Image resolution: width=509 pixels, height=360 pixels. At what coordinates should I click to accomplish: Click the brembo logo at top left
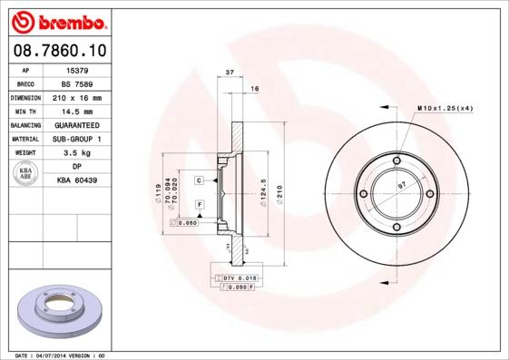[x=58, y=21]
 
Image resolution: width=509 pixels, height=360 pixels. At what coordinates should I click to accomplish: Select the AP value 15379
[x=77, y=69]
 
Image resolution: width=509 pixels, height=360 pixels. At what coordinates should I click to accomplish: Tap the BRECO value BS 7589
[x=77, y=83]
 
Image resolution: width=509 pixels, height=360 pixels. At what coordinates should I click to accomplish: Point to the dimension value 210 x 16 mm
[x=77, y=97]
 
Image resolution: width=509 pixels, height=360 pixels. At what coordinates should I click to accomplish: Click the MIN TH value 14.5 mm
[x=77, y=111]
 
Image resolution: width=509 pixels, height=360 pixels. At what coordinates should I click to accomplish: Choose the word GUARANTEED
[x=77, y=125]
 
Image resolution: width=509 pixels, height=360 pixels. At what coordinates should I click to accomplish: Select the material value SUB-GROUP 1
[x=77, y=139]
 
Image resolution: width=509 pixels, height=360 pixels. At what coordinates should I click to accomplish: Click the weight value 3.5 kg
[x=77, y=153]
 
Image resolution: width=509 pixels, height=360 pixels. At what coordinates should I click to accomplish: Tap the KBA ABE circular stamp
[x=26, y=173]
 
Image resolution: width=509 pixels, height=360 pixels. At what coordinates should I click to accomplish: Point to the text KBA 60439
[x=77, y=180]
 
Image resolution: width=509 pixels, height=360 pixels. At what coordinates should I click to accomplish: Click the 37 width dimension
[x=230, y=72]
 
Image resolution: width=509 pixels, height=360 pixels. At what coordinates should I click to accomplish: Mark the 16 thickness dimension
[x=255, y=88]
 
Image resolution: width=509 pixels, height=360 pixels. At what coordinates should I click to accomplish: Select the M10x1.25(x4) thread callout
[x=445, y=108]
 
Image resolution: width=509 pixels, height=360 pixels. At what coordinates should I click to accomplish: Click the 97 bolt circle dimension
[x=402, y=185]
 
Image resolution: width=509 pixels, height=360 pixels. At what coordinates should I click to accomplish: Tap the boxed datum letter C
[x=198, y=181]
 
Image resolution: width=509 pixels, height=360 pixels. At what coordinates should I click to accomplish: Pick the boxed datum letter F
[x=198, y=206]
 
